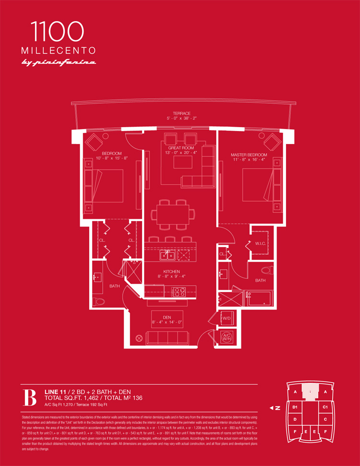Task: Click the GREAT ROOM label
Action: click(181, 148)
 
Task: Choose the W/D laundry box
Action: click(226, 317)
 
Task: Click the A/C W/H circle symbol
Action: click(226, 338)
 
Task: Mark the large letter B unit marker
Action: click(30, 397)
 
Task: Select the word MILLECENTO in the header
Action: click(58, 50)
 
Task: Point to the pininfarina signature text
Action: click(58, 62)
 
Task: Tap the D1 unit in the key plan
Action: click(295, 407)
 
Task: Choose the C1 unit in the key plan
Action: click(325, 407)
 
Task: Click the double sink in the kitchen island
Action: click(168, 255)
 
